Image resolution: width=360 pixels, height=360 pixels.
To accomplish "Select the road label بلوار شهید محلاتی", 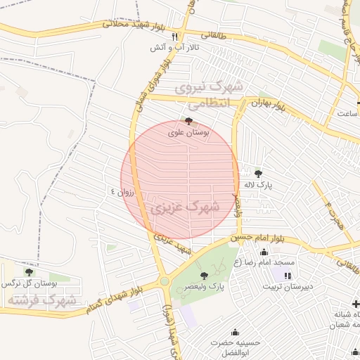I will [135, 25].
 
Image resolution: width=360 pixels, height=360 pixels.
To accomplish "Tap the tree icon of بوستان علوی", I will [188, 121].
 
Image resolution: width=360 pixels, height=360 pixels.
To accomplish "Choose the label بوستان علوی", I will [188, 131].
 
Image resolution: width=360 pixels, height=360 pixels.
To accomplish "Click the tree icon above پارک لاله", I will [258, 173].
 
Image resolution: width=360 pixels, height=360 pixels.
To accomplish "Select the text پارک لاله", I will [257, 184].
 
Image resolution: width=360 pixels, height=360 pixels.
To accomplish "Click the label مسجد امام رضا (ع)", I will [265, 262].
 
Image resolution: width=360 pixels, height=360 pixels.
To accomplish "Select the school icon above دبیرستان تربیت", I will [288, 274].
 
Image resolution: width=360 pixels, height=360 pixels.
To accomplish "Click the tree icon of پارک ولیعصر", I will [204, 276].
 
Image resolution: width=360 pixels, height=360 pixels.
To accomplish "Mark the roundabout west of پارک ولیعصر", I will [165, 281].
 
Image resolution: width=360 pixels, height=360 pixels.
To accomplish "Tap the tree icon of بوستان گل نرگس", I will [29, 272].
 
